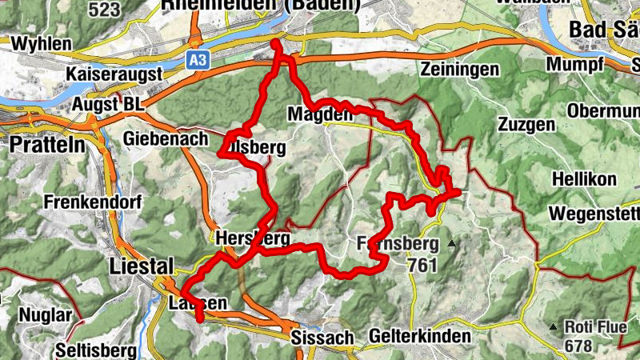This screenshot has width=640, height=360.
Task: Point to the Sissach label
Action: tap(322, 338)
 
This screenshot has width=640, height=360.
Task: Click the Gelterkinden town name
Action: tap(420, 337)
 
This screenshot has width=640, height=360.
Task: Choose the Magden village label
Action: tap(320, 116)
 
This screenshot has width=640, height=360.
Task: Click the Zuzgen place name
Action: tap(526, 125)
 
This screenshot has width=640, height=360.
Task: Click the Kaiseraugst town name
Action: tap(114, 74)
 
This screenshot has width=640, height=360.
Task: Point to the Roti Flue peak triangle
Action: tap(553, 326)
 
